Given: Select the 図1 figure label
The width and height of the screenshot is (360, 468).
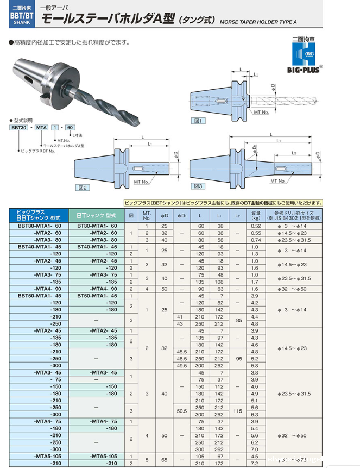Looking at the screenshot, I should tap(199, 121).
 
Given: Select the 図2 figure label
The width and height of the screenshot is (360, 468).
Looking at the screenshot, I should tap(83, 187).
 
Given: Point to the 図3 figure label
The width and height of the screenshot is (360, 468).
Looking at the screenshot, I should tap(198, 186).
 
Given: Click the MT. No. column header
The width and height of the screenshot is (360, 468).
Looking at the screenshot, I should tap(147, 215).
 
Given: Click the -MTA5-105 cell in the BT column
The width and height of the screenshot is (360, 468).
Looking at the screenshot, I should tap(103, 455).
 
